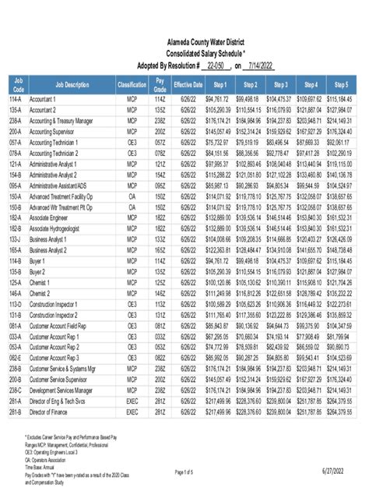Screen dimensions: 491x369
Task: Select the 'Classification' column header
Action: (x=132, y=83)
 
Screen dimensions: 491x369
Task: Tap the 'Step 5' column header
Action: (x=340, y=83)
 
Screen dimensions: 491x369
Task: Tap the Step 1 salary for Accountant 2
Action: (x=219, y=111)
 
